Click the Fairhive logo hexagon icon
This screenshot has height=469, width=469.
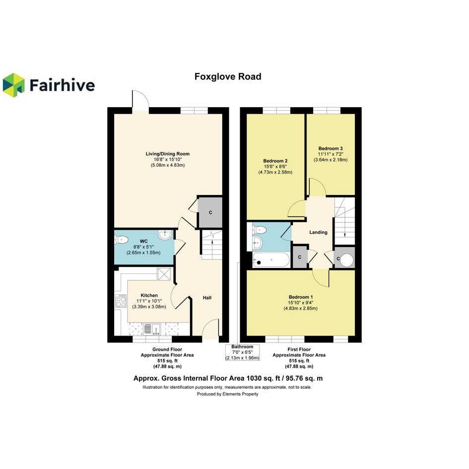point(13,85)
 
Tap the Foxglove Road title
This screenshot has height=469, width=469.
point(228,76)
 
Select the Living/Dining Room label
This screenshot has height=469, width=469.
point(168,154)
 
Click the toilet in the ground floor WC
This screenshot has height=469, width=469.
point(122,240)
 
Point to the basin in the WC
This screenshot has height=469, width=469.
point(164,235)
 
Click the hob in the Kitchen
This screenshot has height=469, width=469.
point(121,301)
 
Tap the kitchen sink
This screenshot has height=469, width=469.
point(152,329)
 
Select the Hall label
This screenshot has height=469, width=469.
point(207,298)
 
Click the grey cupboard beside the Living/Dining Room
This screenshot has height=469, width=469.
point(210,212)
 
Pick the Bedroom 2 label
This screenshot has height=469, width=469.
point(275,161)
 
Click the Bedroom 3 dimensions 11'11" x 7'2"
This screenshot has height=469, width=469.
point(331,154)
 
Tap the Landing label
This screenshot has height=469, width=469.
point(318,232)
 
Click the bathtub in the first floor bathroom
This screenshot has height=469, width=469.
point(271,260)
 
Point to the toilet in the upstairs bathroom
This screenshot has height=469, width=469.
point(259,230)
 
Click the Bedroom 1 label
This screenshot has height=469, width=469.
point(301,297)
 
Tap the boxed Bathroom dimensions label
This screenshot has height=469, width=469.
point(242,352)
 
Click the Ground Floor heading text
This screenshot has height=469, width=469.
point(167,349)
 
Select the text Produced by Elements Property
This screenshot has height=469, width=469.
point(227,394)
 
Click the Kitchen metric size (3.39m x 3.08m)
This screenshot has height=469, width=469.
point(149,307)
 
